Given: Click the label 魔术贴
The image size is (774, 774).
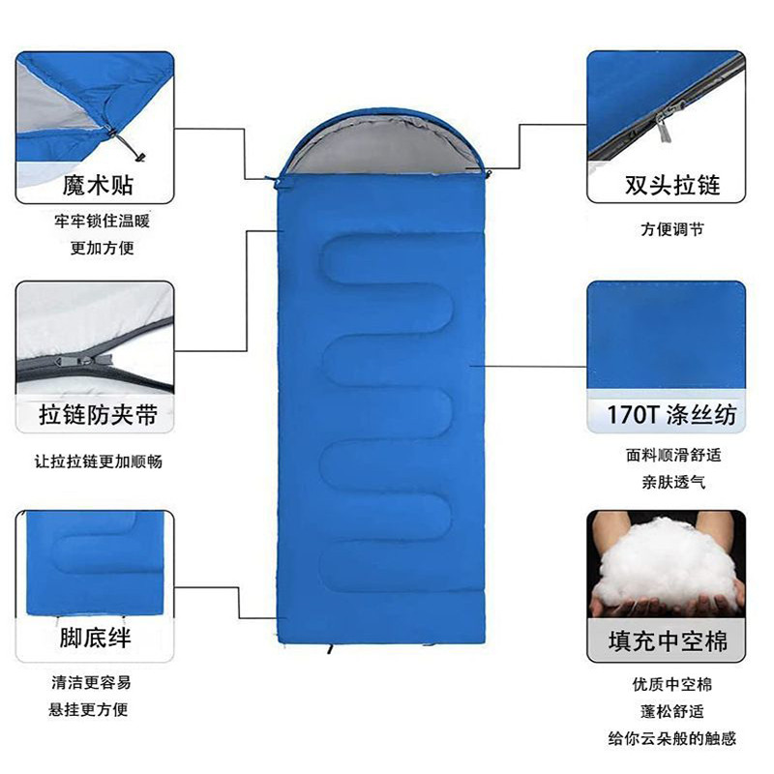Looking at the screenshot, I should [97, 184].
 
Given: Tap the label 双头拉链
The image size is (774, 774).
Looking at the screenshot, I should [672, 184].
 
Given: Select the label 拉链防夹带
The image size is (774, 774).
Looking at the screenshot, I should [97, 416].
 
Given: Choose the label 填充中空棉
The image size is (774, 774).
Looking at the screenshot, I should [668, 641].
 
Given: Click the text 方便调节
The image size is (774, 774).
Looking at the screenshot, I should [672, 230].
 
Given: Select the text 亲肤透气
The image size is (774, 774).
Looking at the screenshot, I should [672, 481].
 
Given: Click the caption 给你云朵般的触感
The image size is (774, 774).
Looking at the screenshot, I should [672, 739].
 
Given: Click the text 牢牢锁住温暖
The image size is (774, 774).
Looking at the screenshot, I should [102, 221].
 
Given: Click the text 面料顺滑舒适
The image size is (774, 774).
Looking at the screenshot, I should [672, 455].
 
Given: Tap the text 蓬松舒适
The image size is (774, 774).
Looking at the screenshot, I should [672, 712].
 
